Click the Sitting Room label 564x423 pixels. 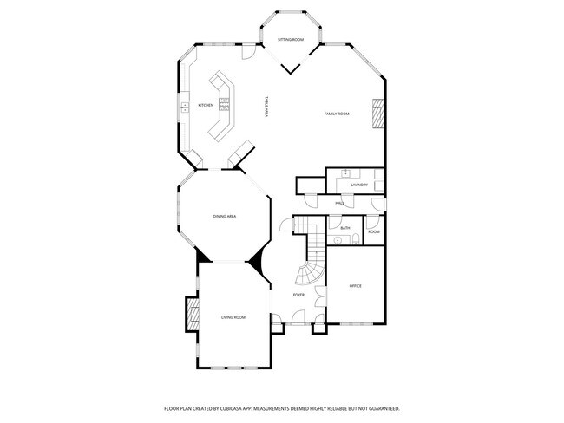(x=291, y=40)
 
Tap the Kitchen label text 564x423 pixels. (x=206, y=105)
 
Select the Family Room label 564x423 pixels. (x=337, y=114)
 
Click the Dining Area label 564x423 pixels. (x=226, y=216)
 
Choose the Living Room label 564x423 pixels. (x=233, y=317)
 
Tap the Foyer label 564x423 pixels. (x=298, y=295)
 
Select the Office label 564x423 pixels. (x=355, y=285)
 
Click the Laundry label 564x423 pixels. (x=359, y=185)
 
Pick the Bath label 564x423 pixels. (x=345, y=228)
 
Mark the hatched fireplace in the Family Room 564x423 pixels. (x=377, y=113)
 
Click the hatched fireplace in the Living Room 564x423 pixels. (x=191, y=313)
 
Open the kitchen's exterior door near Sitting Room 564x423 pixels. (x=249, y=53)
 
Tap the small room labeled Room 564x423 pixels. (x=374, y=231)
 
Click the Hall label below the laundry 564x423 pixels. (x=340, y=203)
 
